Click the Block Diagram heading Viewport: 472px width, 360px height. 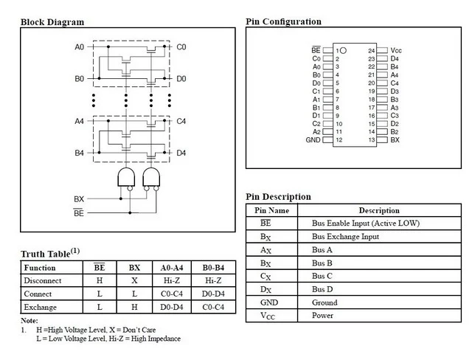coord(52,22)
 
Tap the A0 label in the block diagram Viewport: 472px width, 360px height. coord(80,47)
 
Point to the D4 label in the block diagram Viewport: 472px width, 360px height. coord(181,153)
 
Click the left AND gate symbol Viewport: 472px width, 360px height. coord(126,177)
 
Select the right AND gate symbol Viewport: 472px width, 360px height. coord(151,177)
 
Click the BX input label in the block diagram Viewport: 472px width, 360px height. coord(79,199)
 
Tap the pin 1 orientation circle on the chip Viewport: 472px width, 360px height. coord(343,51)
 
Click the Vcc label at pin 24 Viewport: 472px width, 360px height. coord(396,50)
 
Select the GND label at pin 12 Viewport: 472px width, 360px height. coord(313,140)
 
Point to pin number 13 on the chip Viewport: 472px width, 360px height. coord(372,140)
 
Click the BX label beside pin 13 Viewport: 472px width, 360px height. coord(395,140)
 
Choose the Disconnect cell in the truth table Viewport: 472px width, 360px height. coord(43,280)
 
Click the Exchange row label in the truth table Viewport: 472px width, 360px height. coord(41,307)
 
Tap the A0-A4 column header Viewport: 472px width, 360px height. coord(172,268)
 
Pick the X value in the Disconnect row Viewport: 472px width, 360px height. coord(134,280)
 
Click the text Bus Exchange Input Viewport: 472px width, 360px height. coord(345,237)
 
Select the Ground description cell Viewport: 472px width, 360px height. coord(324,302)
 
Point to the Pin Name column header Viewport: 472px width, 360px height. coord(272,210)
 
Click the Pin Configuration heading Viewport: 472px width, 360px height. coord(283,21)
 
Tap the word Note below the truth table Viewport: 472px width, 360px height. coord(29,321)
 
